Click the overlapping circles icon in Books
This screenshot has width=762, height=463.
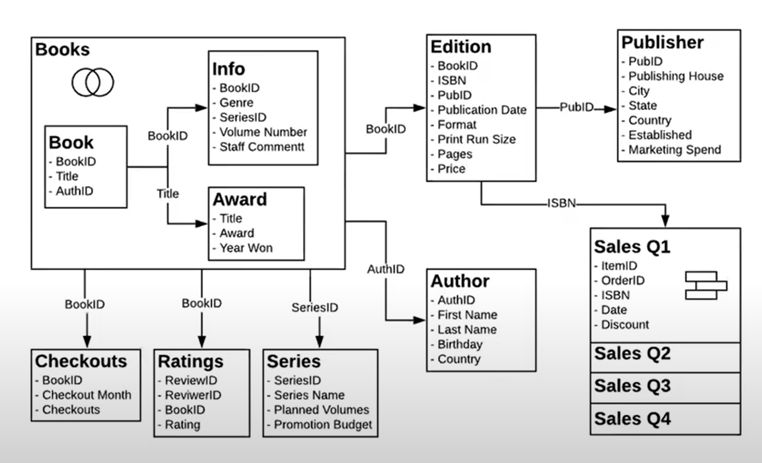(93, 82)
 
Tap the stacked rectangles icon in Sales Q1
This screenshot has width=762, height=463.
(706, 286)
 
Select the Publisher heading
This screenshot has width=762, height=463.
(662, 42)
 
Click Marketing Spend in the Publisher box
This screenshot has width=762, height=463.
(675, 150)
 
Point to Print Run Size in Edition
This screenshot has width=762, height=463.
(477, 140)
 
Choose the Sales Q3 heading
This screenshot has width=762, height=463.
(632, 386)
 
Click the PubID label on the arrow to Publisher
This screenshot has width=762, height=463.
(576, 107)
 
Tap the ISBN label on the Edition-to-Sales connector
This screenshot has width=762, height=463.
(561, 203)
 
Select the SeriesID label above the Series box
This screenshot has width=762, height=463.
(315, 308)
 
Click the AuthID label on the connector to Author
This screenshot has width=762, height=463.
(386, 269)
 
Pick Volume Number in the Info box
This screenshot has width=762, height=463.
(263, 132)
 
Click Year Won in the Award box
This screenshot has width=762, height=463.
(246, 248)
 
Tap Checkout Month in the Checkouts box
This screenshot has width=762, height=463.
(86, 395)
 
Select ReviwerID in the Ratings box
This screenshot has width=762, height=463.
(193, 395)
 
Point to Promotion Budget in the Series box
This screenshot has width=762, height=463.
(323, 425)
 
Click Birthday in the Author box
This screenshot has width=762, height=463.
(460, 344)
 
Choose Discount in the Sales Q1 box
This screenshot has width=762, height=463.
(625, 325)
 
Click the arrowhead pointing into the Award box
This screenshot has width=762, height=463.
(201, 224)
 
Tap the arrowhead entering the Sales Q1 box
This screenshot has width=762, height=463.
(665, 221)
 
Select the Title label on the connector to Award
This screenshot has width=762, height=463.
(167, 194)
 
